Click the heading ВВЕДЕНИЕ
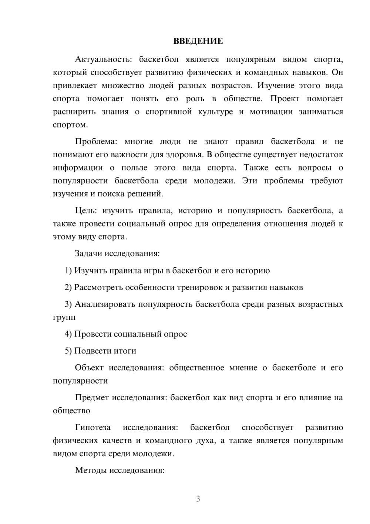[x=198, y=41]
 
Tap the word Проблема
[x=96, y=142]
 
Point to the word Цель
[x=86, y=211]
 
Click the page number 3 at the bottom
[x=198, y=499]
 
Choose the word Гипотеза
[x=93, y=427]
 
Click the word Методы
[x=89, y=470]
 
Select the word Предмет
[x=92, y=398]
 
